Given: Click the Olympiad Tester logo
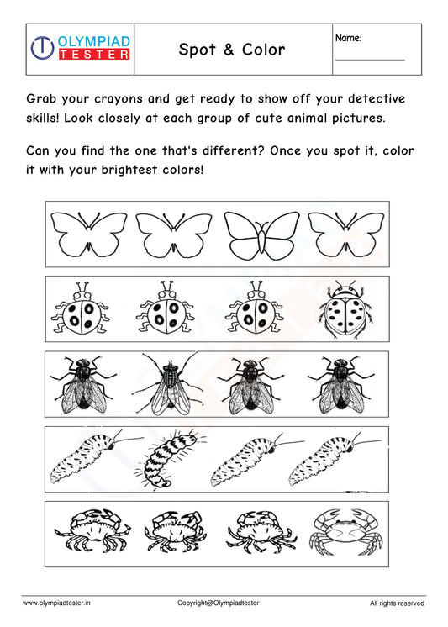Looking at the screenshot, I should [80, 48].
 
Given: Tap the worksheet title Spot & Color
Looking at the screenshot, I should [232, 50].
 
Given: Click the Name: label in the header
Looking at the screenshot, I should [350, 39].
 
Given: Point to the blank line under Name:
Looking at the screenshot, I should [370, 60].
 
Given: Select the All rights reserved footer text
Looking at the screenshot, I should [397, 603].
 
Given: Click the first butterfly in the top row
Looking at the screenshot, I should [88, 233].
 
